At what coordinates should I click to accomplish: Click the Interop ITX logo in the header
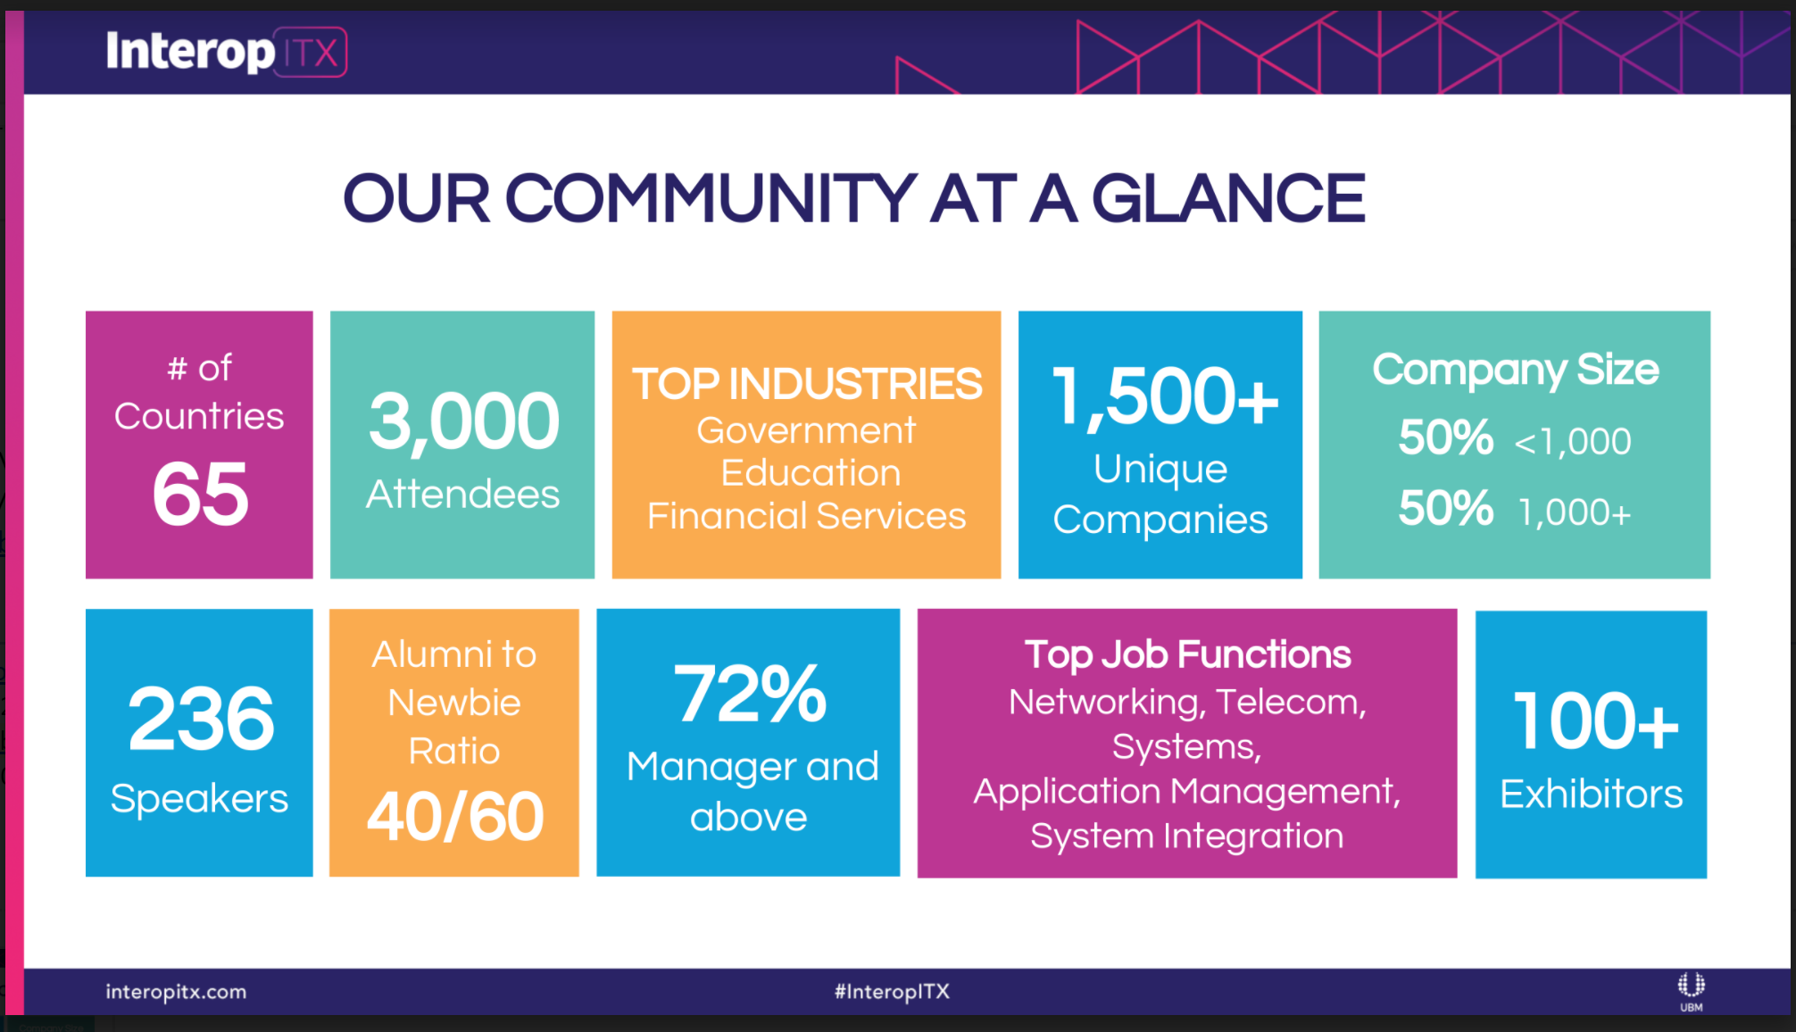pyautogui.click(x=226, y=51)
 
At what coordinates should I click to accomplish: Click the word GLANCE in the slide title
pyautogui.click(x=1228, y=198)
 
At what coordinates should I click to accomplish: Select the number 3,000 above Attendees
pyautogui.click(x=464, y=421)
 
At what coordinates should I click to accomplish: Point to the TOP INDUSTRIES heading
pyautogui.click(x=807, y=384)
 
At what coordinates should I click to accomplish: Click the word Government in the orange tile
pyautogui.click(x=806, y=431)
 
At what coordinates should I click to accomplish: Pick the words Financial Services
pyautogui.click(x=807, y=516)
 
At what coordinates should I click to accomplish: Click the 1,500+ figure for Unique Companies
pyautogui.click(x=1165, y=396)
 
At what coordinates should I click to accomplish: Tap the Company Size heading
pyautogui.click(x=1516, y=370)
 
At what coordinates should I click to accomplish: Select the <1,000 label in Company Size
pyautogui.click(x=1573, y=442)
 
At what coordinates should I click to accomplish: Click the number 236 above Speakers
pyautogui.click(x=201, y=719)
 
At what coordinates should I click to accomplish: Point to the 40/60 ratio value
pyautogui.click(x=455, y=816)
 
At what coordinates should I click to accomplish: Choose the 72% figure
pyautogui.click(x=750, y=694)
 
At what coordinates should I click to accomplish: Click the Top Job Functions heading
pyautogui.click(x=1187, y=654)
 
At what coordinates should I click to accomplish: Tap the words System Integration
pyautogui.click(x=1187, y=836)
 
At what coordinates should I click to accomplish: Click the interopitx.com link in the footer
pyautogui.click(x=176, y=992)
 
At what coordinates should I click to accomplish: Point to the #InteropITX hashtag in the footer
pyautogui.click(x=892, y=992)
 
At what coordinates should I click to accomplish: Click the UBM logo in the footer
pyautogui.click(x=1691, y=992)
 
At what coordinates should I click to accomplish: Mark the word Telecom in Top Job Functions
pyautogui.click(x=1291, y=703)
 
